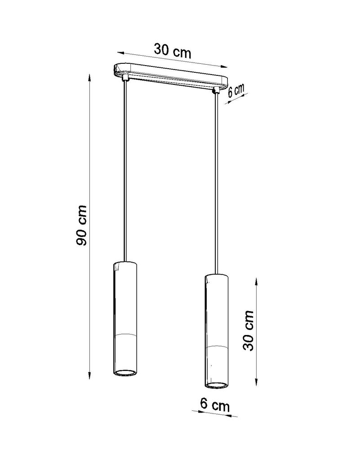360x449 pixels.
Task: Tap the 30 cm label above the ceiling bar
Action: pyautogui.click(x=173, y=51)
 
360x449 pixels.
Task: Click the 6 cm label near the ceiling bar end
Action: pyautogui.click(x=236, y=91)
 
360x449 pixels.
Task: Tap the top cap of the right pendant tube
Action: pyautogui.click(x=216, y=274)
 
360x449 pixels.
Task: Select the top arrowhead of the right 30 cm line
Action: pyautogui.click(x=256, y=279)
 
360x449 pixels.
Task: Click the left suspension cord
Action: pyautogui.click(x=124, y=171)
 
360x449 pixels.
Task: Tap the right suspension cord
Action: pyautogui.click(x=217, y=180)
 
